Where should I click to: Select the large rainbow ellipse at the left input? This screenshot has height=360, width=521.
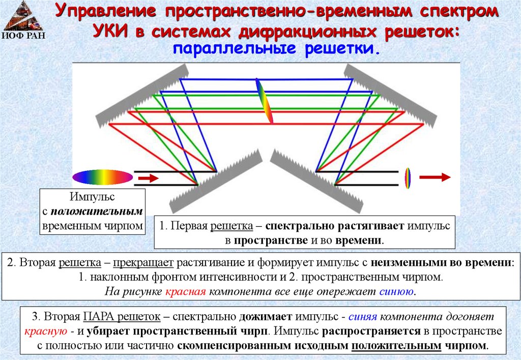[x=102, y=176]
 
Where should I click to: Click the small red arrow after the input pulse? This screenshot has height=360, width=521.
[x=149, y=178]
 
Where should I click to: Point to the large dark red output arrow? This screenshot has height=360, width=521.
[x=435, y=177]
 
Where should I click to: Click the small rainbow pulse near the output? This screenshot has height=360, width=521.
[x=407, y=178]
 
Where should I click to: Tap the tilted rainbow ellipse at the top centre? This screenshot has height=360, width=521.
[x=264, y=101]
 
